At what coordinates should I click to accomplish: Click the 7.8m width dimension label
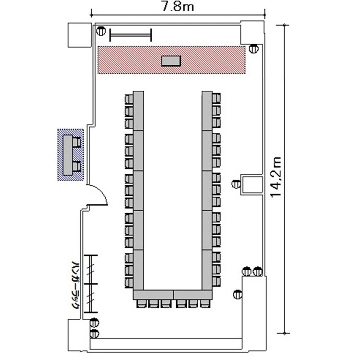click(x=178, y=6)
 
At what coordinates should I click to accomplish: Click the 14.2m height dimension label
click(x=276, y=177)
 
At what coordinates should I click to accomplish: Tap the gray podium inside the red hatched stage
click(x=171, y=61)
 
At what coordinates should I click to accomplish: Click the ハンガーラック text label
click(x=75, y=285)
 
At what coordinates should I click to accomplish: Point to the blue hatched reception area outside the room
click(x=71, y=155)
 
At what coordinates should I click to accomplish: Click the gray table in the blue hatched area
click(x=68, y=155)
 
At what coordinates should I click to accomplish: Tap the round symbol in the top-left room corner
click(x=101, y=31)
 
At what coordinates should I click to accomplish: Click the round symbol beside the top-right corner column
click(x=254, y=48)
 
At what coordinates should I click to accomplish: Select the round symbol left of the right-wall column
click(x=236, y=184)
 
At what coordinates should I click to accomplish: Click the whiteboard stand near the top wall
click(x=131, y=35)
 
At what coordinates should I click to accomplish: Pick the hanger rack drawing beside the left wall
click(x=91, y=284)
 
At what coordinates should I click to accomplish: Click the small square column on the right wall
click(x=252, y=185)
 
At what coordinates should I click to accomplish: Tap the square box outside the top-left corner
click(x=80, y=35)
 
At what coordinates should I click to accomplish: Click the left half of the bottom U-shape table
click(x=153, y=295)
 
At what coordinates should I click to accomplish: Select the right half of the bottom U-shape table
click(x=193, y=295)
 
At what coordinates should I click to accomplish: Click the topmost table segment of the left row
click(x=138, y=111)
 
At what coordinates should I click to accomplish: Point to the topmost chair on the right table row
click(x=216, y=98)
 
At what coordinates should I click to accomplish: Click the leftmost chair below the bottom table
click(x=141, y=303)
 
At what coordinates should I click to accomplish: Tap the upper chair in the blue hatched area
click(x=77, y=143)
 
